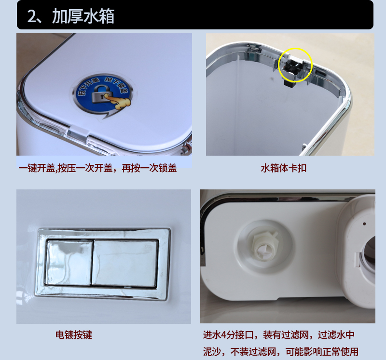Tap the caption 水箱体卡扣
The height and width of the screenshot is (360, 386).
tap(283, 168)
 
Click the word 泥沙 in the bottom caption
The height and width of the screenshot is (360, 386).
tap(213, 351)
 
